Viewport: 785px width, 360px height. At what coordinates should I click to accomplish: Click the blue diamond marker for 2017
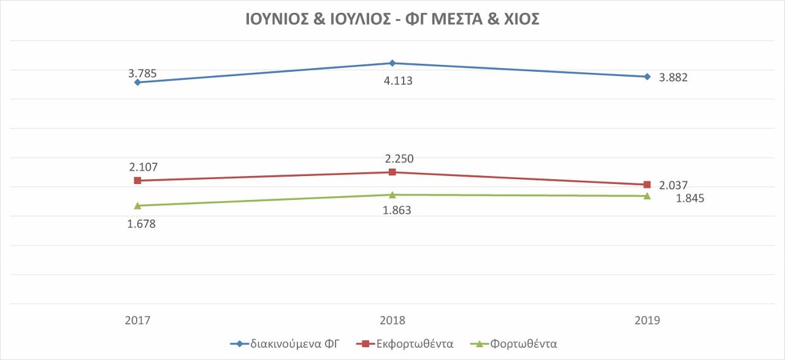(137, 82)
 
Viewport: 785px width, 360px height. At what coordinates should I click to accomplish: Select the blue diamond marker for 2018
(392, 63)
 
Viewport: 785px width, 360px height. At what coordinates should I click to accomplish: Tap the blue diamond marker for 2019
(647, 77)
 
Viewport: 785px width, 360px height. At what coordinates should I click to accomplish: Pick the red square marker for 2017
(137, 180)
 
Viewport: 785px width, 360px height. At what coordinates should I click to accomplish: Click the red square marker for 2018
(392, 172)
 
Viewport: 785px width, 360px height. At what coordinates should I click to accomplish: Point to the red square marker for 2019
(647, 185)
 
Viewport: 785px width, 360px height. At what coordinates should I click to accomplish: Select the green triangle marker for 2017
(137, 205)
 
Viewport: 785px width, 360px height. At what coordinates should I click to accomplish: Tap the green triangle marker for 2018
(392, 194)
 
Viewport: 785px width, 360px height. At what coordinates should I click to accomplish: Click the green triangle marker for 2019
(647, 196)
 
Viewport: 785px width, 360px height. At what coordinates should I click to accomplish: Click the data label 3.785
(142, 74)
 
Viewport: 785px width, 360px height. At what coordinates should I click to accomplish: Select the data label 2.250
(399, 159)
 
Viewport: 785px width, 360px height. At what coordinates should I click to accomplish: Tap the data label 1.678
(142, 224)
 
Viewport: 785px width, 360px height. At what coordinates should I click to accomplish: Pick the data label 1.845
(690, 198)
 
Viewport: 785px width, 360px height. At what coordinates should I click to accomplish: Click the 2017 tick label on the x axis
(137, 320)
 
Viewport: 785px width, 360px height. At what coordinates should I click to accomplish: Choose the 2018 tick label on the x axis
(392, 320)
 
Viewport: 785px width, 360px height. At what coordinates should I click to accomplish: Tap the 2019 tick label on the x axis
(647, 320)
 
